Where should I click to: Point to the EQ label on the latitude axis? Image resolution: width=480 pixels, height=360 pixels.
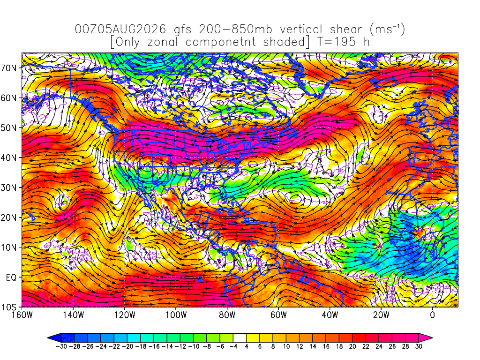pyautogui.click(x=11, y=277)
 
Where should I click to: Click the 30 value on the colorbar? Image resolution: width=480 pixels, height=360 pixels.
pyautogui.click(x=419, y=346)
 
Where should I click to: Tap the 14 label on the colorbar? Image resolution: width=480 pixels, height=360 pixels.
pyautogui.click(x=313, y=346)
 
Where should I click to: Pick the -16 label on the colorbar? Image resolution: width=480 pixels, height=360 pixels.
pyautogui.click(x=154, y=346)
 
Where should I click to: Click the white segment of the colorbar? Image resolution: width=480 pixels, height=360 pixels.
pyautogui.click(x=240, y=338)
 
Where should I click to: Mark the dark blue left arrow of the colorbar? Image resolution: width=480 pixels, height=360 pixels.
pyautogui.click(x=54, y=338)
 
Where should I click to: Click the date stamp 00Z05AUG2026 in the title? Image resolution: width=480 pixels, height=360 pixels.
pyautogui.click(x=120, y=30)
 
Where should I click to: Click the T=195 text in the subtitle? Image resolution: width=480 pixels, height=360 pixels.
pyautogui.click(x=336, y=42)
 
